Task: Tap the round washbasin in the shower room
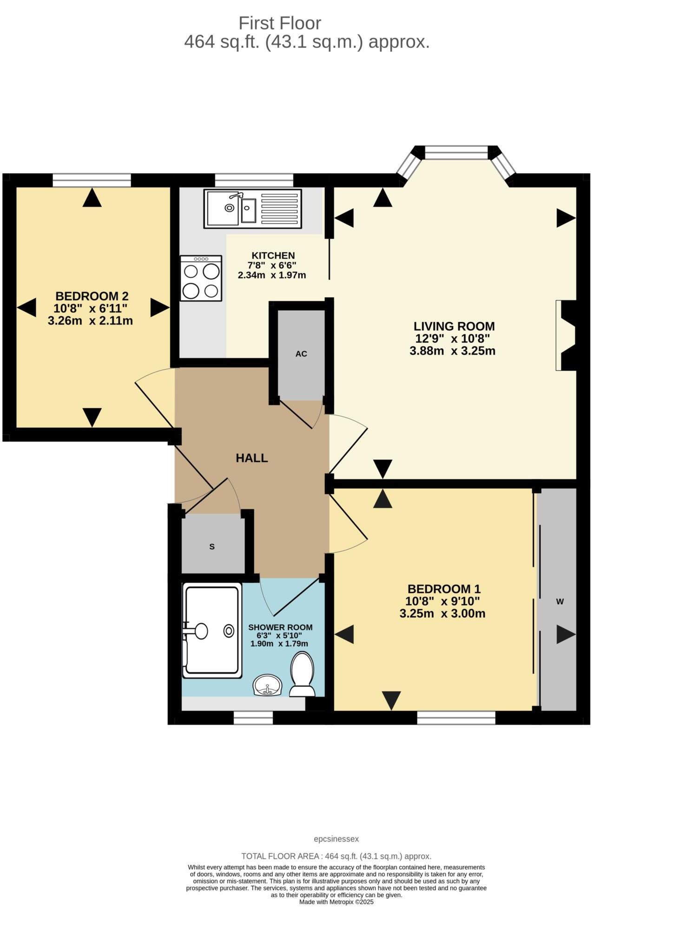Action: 267,685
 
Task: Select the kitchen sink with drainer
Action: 252,208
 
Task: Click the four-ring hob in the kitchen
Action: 201,278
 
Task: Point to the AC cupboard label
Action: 301,354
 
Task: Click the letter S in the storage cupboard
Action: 212,547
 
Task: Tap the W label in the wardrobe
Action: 560,602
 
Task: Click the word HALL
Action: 251,458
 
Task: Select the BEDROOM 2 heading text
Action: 92,296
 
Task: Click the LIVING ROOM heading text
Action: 454,326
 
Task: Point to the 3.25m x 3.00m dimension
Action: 442,614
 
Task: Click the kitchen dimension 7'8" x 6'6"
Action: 272,265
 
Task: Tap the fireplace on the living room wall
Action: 566,335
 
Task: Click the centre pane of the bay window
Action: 456,152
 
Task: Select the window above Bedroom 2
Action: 92,180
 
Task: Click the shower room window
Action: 253,718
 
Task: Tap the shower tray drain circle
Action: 229,631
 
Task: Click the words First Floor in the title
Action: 279,23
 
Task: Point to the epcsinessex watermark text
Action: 336,839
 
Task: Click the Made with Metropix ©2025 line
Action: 336,902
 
